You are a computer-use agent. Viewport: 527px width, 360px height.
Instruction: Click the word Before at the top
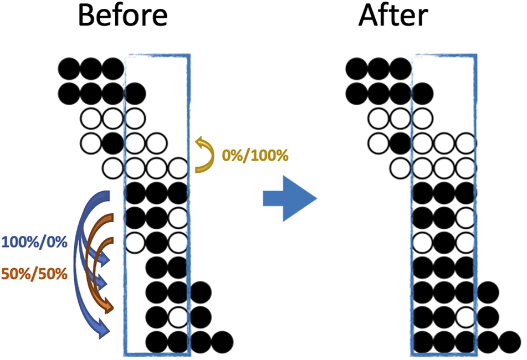pos(122,16)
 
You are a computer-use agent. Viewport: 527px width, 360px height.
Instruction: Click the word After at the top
pos(392,16)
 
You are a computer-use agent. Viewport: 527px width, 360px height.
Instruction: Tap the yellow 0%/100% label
pos(255,156)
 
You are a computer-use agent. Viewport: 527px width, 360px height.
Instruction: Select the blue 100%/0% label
pos(34,241)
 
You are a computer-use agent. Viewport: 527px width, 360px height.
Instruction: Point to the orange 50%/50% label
pos(34,273)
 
